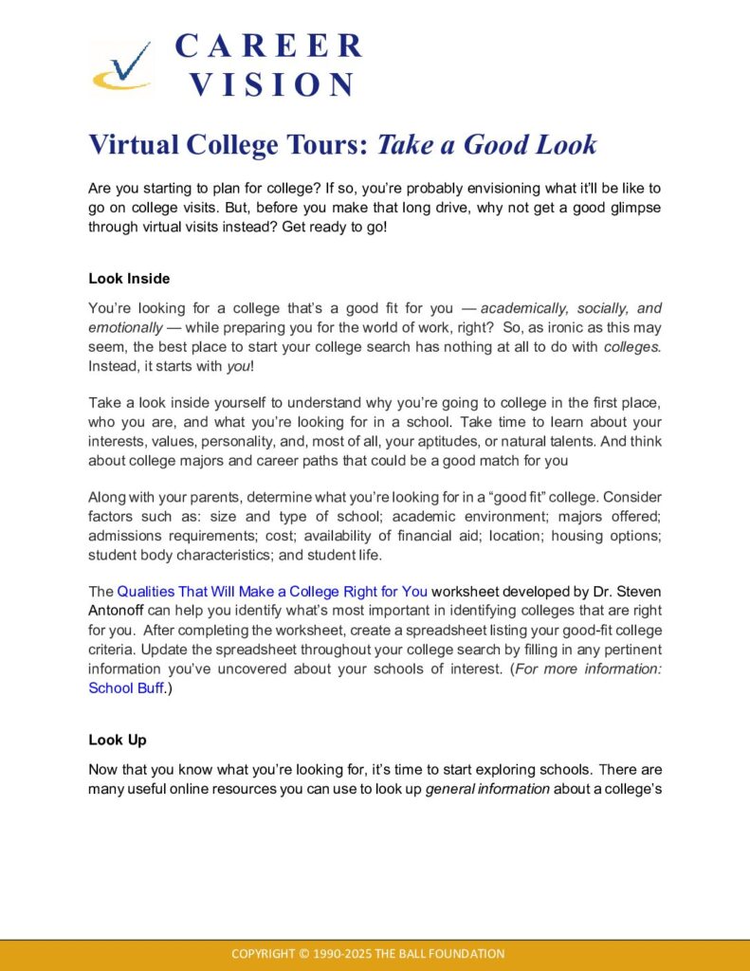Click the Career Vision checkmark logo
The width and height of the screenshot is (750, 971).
pyautogui.click(x=121, y=66)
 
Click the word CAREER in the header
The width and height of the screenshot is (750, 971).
pyautogui.click(x=269, y=46)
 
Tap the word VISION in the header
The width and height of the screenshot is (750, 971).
pyautogui.click(x=271, y=84)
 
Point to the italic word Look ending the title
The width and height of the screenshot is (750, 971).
pyautogui.click(x=565, y=145)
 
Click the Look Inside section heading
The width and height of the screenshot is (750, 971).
pyautogui.click(x=129, y=279)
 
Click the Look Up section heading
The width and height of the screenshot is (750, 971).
pyautogui.click(x=118, y=739)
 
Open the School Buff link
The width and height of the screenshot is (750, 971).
pyautogui.click(x=125, y=688)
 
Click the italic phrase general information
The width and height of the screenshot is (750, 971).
pyautogui.click(x=487, y=788)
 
